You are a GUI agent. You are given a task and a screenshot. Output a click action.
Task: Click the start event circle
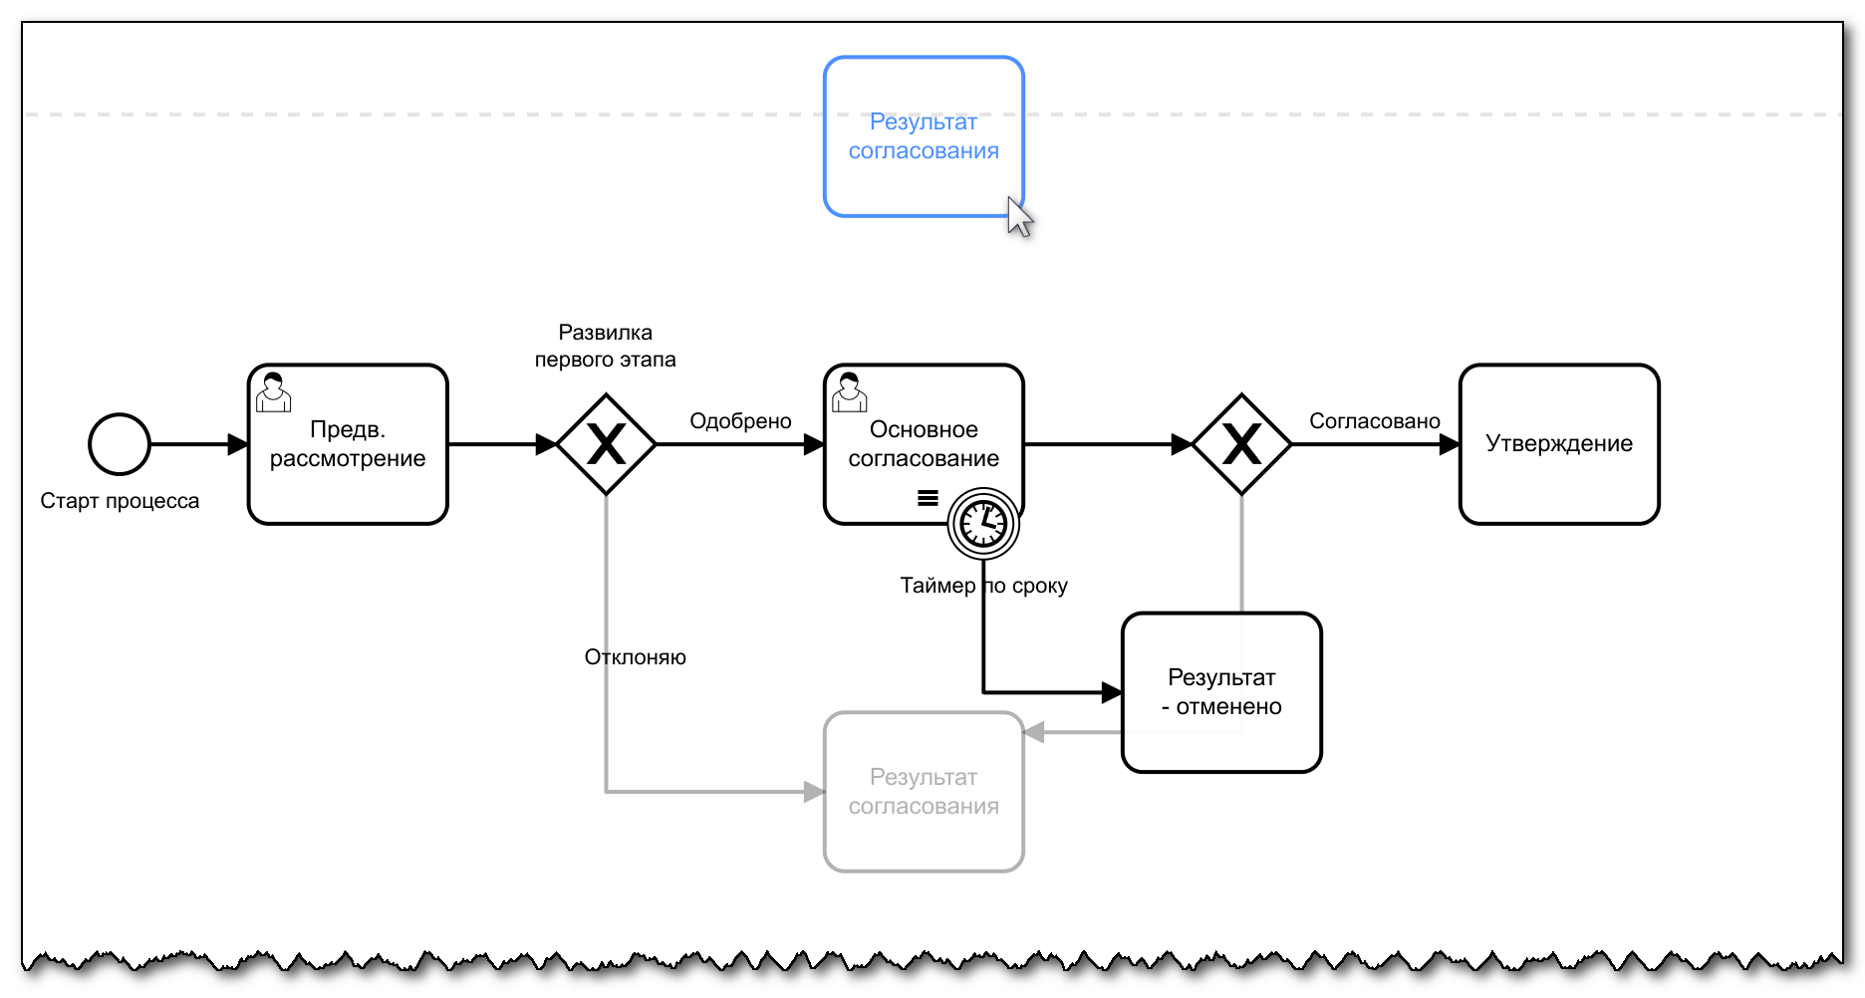[x=120, y=444]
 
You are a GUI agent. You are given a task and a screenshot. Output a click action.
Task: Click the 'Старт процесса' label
[x=120, y=501]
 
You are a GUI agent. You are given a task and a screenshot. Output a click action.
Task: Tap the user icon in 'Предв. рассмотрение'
[x=273, y=392]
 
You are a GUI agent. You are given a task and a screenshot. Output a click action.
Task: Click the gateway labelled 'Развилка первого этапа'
[x=606, y=444]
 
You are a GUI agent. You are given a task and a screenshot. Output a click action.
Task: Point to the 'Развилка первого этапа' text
[x=605, y=346]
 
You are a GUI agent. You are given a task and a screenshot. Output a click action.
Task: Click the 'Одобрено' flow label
[x=740, y=421]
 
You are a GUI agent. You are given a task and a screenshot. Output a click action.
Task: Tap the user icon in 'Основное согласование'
[x=849, y=392]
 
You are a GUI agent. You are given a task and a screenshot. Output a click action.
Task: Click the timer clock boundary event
[x=983, y=523]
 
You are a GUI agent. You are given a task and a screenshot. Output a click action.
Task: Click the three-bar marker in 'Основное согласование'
[x=928, y=498]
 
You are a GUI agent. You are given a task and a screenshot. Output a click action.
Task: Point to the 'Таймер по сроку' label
[x=983, y=586]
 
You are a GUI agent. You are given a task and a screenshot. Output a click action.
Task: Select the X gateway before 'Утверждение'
[x=1241, y=444]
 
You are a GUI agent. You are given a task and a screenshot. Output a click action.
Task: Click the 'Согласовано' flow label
[x=1374, y=421]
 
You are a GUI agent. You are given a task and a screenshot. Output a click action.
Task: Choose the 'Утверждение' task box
[x=1559, y=444]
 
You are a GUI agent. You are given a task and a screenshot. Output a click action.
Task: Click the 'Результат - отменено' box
[x=1221, y=692]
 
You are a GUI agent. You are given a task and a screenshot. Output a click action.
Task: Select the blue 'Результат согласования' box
[x=924, y=136]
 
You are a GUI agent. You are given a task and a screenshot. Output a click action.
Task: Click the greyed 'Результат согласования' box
[x=924, y=792]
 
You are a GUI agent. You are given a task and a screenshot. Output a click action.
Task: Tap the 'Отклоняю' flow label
[x=635, y=657]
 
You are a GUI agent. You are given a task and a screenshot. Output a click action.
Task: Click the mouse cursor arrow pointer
[x=1018, y=215]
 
